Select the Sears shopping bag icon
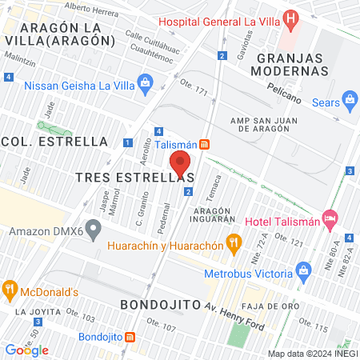350,100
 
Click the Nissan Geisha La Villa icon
145,82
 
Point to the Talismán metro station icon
206,144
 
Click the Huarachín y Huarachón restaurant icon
234,241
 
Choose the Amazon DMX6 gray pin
94,232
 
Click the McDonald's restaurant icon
10,289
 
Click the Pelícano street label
284,91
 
